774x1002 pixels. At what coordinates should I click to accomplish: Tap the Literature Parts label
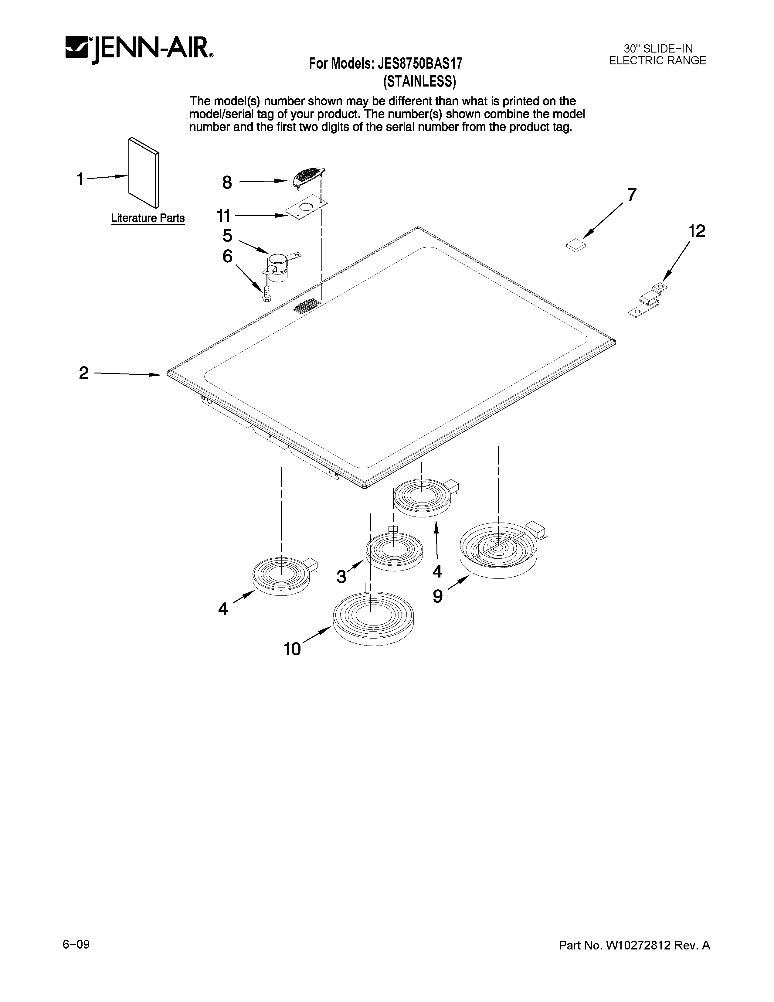click(148, 218)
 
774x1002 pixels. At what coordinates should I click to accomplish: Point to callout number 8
click(227, 182)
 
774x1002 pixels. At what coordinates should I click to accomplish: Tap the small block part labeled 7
click(576, 246)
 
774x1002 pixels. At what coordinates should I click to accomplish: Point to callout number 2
click(83, 373)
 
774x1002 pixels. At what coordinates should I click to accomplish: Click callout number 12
click(696, 232)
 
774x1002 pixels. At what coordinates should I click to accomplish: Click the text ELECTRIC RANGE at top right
click(657, 60)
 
